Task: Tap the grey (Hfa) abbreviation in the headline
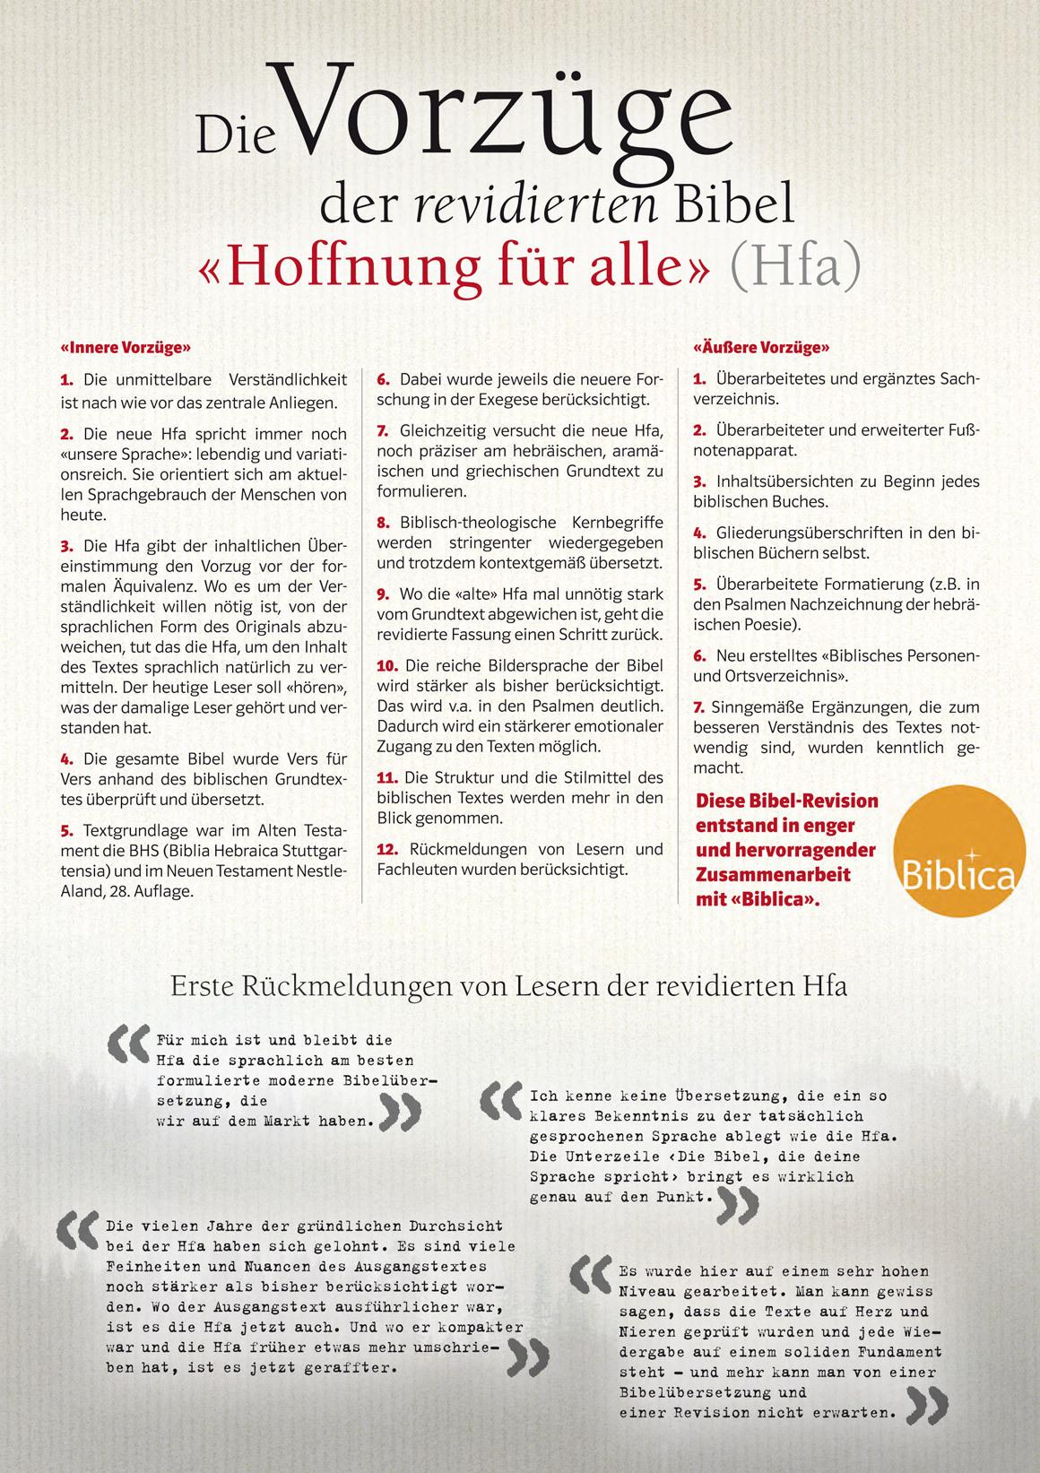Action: point(795,265)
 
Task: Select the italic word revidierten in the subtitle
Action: point(536,204)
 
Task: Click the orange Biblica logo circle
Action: point(959,851)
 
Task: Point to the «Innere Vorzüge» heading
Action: point(126,348)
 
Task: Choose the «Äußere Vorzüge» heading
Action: point(761,348)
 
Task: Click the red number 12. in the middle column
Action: point(387,849)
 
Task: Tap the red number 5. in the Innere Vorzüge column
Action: point(67,831)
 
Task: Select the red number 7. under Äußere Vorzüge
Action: point(699,708)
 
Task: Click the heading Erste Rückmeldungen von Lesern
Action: point(508,986)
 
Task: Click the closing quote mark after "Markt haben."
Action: point(400,1113)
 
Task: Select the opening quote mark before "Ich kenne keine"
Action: point(501,1101)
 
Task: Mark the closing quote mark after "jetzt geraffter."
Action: point(527,1357)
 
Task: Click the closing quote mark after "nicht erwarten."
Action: point(926,1406)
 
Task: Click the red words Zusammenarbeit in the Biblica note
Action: point(773,874)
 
